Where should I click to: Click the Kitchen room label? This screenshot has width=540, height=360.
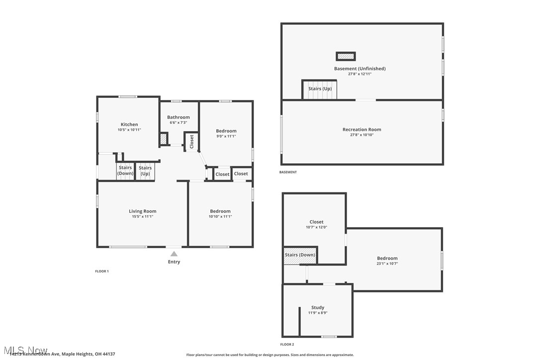coord(129,124)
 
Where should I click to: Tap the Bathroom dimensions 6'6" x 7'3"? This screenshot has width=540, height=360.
coord(179,122)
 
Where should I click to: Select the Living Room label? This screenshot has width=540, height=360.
coord(143,211)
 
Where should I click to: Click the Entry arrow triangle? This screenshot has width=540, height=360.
coord(174,254)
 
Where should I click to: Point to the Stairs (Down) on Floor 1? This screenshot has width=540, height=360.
coord(125,171)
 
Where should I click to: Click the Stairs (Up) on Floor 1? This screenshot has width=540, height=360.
coord(145,171)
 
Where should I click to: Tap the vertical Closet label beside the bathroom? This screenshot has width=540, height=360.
coord(192,141)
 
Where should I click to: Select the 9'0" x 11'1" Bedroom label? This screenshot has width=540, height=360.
coord(226,131)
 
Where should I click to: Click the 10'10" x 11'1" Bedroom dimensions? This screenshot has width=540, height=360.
coord(220,216)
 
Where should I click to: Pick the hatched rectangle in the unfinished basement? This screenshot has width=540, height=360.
coord(346,56)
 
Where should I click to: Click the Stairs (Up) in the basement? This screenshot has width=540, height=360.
coord(320,89)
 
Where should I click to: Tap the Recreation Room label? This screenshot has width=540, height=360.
coord(361,129)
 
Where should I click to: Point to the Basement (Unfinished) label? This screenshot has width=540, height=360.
coord(360,69)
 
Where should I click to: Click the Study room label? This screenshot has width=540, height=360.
coord(318,307)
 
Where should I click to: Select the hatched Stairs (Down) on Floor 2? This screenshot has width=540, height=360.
coord(300,255)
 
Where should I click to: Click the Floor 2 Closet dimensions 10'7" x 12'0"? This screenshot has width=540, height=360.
coord(316,227)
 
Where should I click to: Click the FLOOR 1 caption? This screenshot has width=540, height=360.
coord(102,271)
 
